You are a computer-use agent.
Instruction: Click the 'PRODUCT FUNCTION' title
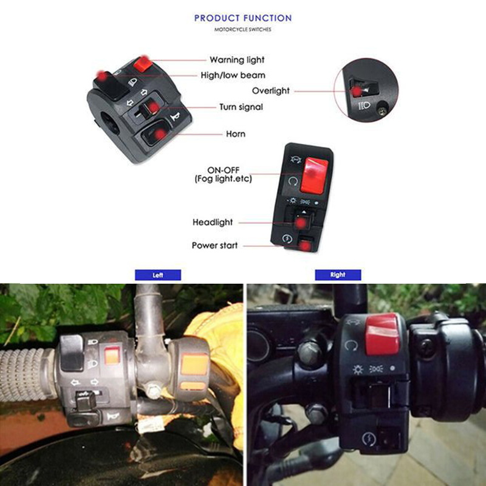pos(242,18)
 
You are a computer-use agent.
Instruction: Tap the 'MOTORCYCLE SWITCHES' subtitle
pos(242,29)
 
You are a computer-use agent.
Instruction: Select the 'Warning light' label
pos(237,60)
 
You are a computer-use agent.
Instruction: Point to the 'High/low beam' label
pos(233,75)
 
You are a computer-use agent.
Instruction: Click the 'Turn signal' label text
pos(241,107)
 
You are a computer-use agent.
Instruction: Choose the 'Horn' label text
pos(236,134)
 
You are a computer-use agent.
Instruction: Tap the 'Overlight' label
pos(271,91)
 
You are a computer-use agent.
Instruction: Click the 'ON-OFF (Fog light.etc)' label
pos(223,174)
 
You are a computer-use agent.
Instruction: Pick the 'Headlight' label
pos(213,222)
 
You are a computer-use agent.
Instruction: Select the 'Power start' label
pos(215,245)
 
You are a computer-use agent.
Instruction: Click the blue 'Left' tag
pos(158,275)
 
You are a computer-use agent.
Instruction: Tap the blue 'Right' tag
pos(338,275)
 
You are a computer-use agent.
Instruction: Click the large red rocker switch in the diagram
pos(313,175)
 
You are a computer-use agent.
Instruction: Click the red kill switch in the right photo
pos(382,334)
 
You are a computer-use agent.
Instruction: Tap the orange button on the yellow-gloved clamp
pos(194,364)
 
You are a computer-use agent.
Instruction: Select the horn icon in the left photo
pos(113,417)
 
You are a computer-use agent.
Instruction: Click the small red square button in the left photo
pos(112,356)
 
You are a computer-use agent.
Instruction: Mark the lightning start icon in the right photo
pos(369,439)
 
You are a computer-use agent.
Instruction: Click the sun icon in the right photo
pos(358,369)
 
